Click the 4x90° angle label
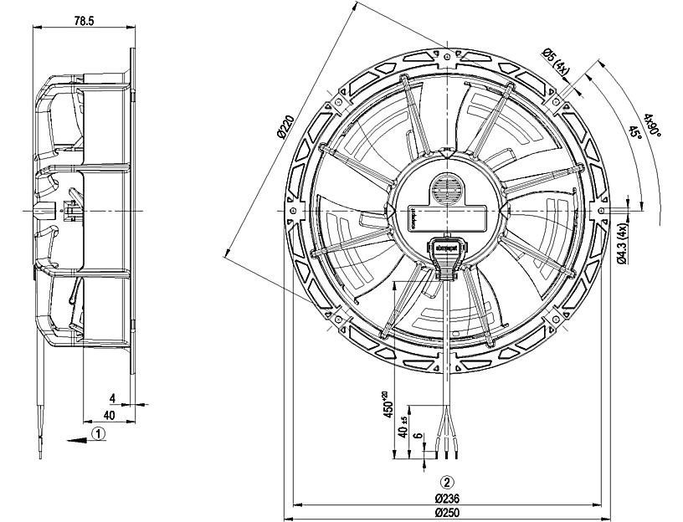pyautogui.click(x=652, y=125)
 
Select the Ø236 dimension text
pyautogui.click(x=449, y=498)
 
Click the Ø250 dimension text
pyautogui.click(x=449, y=512)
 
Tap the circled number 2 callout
pyautogui.click(x=448, y=483)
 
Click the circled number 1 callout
pyautogui.click(x=99, y=434)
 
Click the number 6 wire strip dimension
pyautogui.click(x=417, y=437)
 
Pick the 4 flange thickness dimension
pyautogui.click(x=111, y=398)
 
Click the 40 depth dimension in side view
pyautogui.click(x=109, y=414)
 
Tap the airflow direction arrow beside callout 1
pyautogui.click(x=74, y=436)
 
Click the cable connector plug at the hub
pyautogui.click(x=446, y=252)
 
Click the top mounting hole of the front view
pyautogui.click(x=448, y=57)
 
